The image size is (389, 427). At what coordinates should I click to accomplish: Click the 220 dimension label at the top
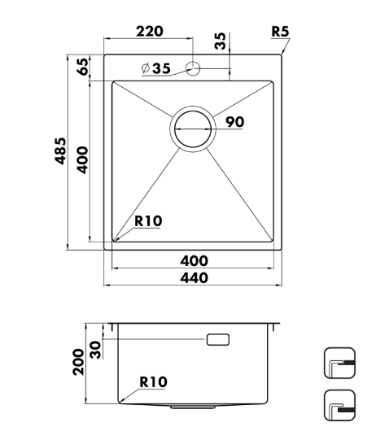pos(150,32)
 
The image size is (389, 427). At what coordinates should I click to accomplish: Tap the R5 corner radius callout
pos(280,32)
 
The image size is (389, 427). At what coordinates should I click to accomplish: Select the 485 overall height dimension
pos(60,151)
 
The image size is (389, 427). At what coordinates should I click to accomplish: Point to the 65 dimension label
pos(83,67)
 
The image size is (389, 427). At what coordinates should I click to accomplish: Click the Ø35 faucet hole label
pos(156,68)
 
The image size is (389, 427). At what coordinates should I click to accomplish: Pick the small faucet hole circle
pos(193,68)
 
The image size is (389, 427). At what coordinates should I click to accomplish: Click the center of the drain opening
pos(193,129)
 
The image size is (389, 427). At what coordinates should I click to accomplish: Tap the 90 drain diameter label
pos(235,122)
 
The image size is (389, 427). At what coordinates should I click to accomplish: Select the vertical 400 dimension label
pos(82,160)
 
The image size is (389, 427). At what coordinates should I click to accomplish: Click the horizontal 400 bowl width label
pos(194,261)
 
